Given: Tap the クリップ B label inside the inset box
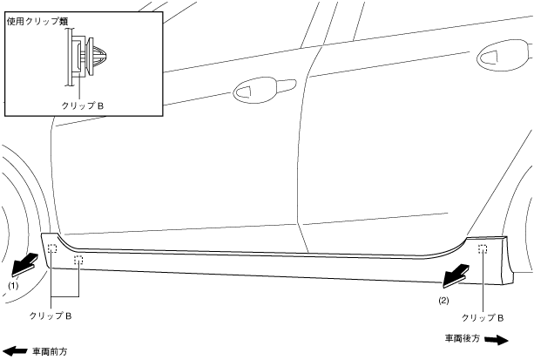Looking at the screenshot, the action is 83,105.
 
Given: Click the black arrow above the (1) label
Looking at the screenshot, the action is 25,262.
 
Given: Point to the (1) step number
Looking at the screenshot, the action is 13,285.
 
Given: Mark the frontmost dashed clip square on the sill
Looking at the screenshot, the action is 52,249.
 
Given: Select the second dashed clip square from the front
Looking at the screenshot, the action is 78,259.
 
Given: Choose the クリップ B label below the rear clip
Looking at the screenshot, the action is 483,317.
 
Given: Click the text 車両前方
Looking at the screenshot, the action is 50,352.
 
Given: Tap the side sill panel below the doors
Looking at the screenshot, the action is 261,262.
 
